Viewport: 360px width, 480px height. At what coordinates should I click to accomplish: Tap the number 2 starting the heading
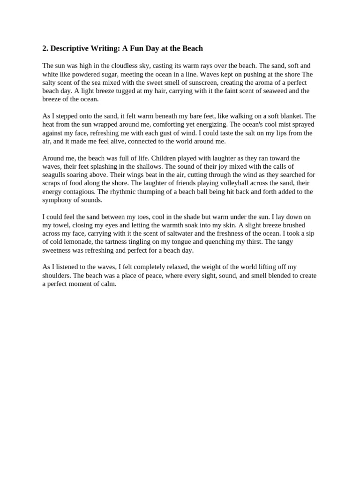45,48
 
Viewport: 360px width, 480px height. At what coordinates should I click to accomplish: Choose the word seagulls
55,175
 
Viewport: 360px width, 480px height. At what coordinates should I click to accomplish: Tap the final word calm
108,284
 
